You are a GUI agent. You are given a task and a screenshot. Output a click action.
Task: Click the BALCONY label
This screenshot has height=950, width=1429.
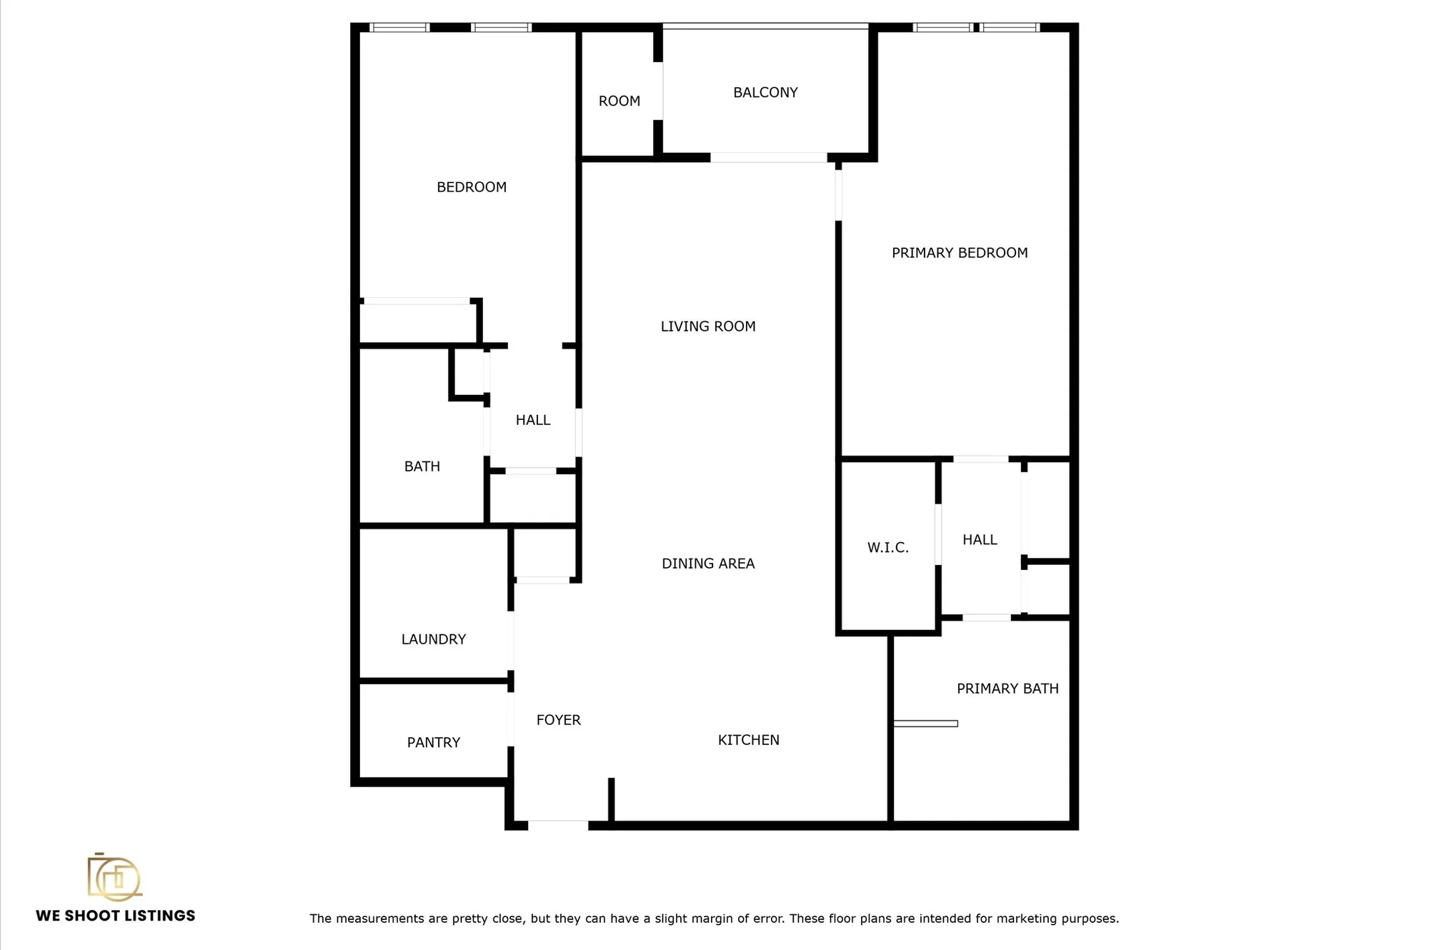[x=765, y=93]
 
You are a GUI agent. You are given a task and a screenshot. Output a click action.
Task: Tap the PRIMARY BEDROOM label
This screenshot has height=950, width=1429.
[x=960, y=253]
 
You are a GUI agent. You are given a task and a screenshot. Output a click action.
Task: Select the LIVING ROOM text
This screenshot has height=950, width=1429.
[x=707, y=326]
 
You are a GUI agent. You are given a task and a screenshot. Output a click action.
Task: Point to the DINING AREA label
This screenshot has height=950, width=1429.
[x=707, y=564]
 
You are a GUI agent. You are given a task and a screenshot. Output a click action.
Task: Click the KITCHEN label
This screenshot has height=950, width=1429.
[x=748, y=740]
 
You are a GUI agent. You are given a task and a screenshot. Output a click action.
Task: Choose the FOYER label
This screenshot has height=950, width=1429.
[x=558, y=720]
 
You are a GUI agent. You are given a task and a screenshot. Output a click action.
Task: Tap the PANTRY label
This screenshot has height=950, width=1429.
[x=433, y=743]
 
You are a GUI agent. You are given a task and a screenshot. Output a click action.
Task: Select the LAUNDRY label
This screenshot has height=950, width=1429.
[x=433, y=639]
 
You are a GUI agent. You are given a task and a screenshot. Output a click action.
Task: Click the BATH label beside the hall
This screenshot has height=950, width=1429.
[x=422, y=466]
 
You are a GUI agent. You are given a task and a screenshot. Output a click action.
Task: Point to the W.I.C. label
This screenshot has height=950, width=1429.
[x=887, y=548]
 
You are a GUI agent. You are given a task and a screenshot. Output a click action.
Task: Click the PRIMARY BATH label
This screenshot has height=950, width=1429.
[x=1007, y=689]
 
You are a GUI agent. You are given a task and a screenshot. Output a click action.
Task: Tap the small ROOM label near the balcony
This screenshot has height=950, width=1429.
[x=619, y=101]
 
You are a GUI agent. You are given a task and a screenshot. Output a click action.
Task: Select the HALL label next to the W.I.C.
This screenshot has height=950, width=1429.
[x=979, y=540]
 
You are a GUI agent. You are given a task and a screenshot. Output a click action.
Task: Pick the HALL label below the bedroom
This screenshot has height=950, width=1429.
[x=532, y=420]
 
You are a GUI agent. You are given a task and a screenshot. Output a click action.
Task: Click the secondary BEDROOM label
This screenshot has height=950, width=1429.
[x=471, y=187]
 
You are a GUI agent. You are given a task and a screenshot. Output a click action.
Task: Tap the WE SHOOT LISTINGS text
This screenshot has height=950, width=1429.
[x=115, y=916]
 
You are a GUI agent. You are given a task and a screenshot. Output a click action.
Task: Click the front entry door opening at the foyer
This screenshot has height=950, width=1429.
[x=557, y=825]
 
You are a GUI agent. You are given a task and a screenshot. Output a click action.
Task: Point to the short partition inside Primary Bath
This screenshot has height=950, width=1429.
[x=925, y=724]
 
